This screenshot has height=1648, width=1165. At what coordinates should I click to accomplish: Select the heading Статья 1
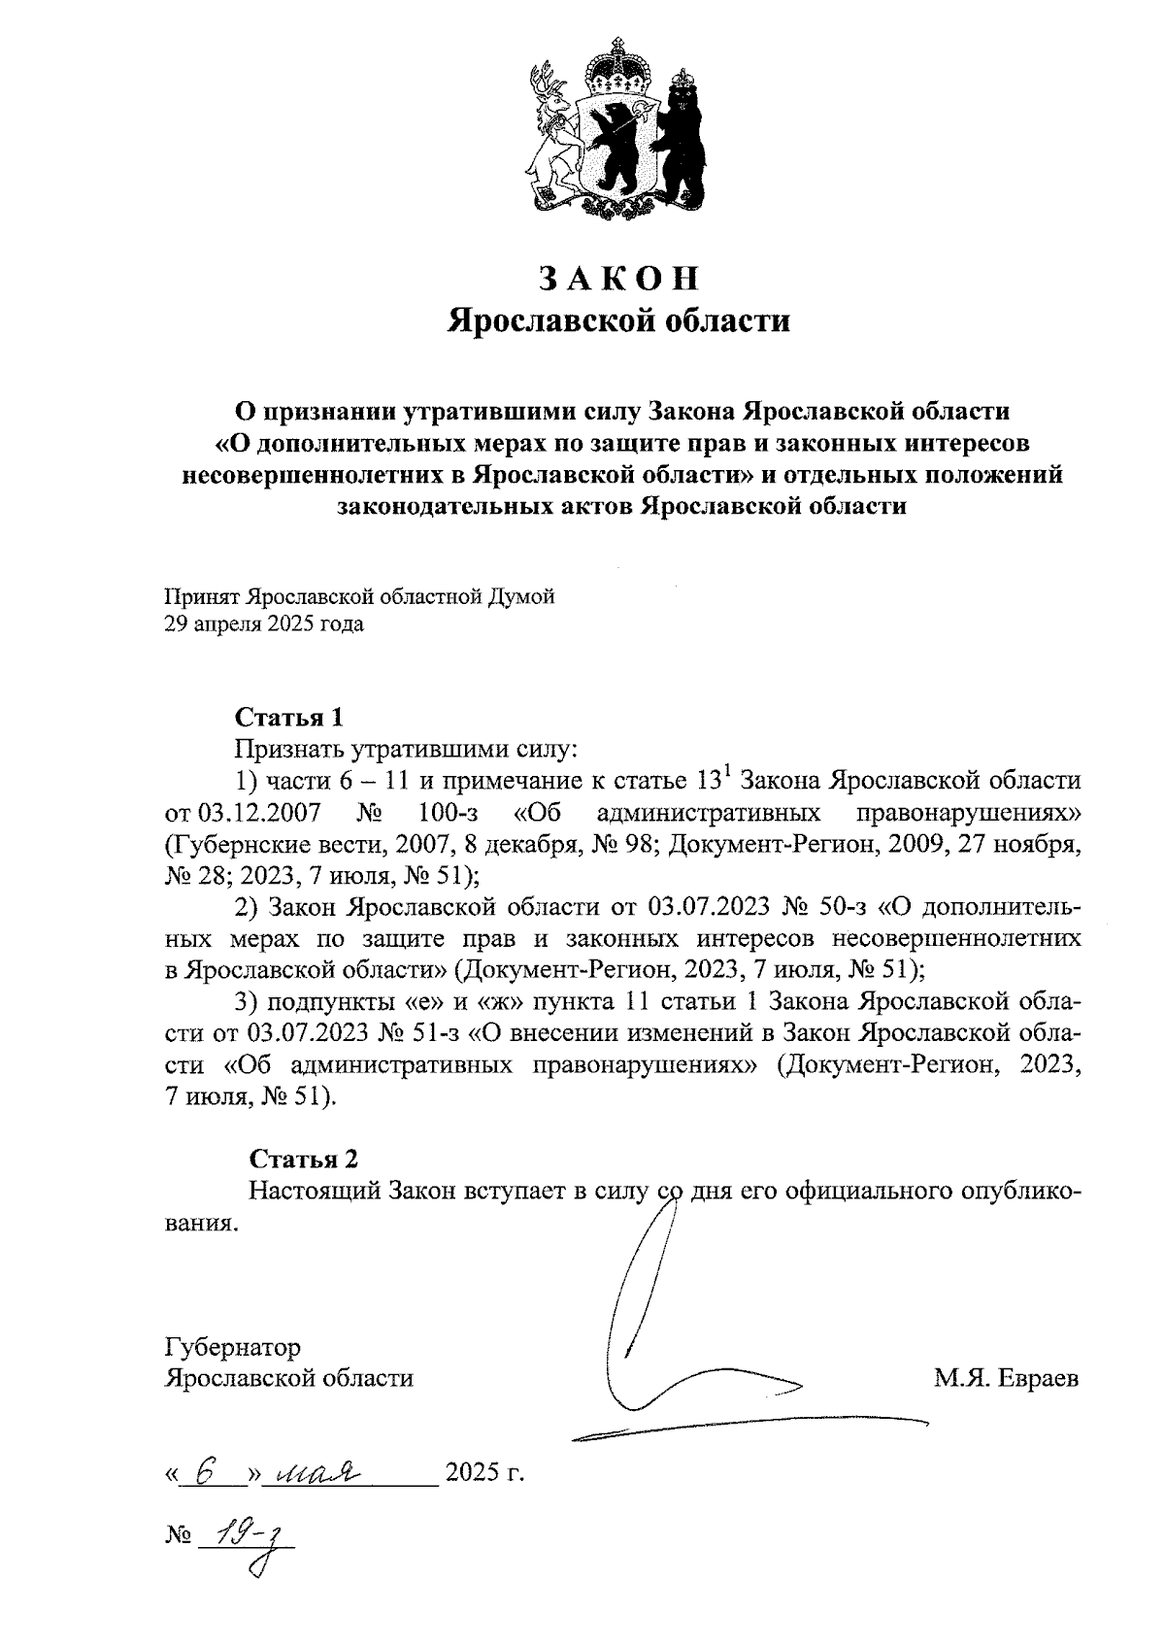tap(288, 718)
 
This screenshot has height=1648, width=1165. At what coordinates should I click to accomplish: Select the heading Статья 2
tap(304, 1159)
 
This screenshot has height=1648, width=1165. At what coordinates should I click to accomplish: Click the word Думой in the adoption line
tap(524, 596)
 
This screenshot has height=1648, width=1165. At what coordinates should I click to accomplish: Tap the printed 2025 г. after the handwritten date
tap(483, 1474)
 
